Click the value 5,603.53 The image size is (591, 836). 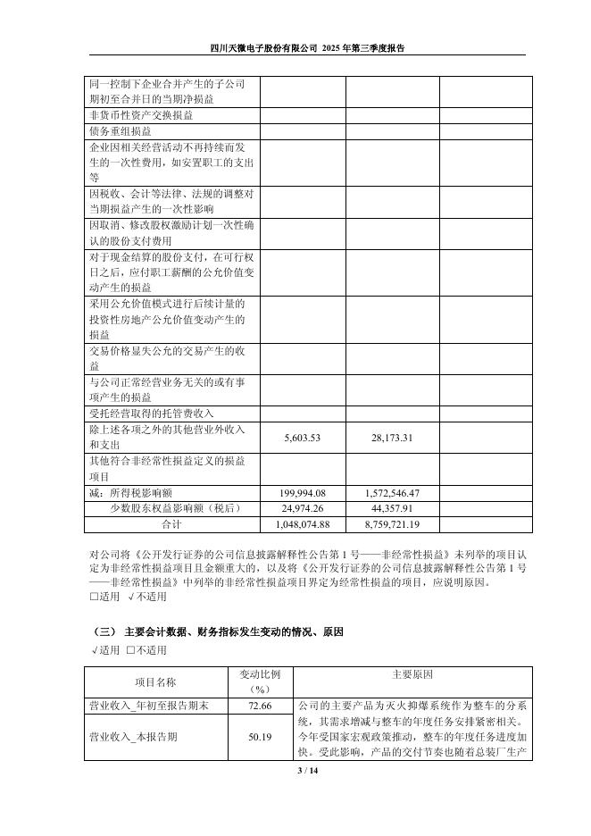(302, 437)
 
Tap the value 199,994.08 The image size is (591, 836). (302, 493)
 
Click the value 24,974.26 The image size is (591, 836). (302, 508)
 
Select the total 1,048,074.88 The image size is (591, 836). (302, 523)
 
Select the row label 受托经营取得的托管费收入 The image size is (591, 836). (152, 413)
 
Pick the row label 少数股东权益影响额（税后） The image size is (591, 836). (173, 508)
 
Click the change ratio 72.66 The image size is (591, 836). (261, 705)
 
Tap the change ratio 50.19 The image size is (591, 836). (261, 737)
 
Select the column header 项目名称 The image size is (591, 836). (156, 681)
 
